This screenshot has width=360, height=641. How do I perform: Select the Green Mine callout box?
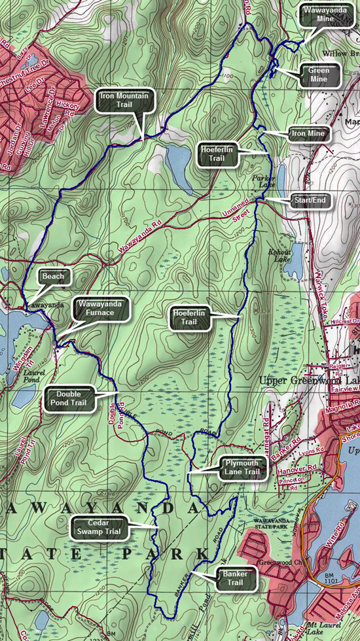[x=319, y=76]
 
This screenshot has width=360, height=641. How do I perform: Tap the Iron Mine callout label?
[x=310, y=134]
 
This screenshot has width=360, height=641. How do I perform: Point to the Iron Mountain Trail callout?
[x=125, y=99]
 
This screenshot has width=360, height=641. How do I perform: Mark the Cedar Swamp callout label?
[x=99, y=527]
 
